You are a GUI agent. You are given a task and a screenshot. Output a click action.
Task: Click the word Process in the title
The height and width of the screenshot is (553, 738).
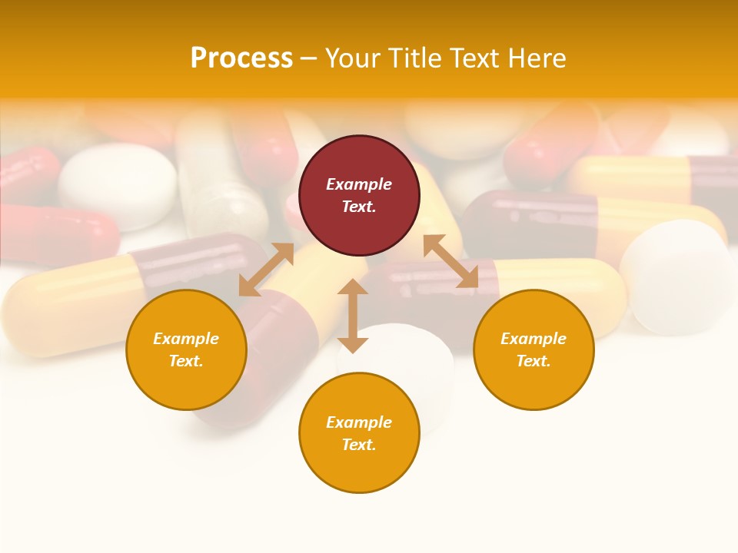pyautogui.click(x=241, y=58)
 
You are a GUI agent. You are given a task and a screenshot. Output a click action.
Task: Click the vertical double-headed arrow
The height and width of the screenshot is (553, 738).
pyautogui.click(x=353, y=316)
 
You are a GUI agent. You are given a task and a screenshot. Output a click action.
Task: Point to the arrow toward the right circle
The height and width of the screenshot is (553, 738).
pyautogui.click(x=450, y=262)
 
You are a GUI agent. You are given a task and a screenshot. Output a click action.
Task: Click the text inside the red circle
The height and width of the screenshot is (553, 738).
pyautogui.click(x=359, y=195)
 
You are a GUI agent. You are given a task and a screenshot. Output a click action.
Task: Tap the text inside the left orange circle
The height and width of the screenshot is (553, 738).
pyautogui.click(x=186, y=349)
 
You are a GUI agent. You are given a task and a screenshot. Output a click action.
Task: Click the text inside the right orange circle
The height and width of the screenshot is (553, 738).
pyautogui.click(x=534, y=349)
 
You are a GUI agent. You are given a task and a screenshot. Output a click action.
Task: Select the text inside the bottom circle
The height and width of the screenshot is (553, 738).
pyautogui.click(x=359, y=433)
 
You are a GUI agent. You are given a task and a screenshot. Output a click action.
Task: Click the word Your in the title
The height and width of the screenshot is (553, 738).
pyautogui.click(x=353, y=58)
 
